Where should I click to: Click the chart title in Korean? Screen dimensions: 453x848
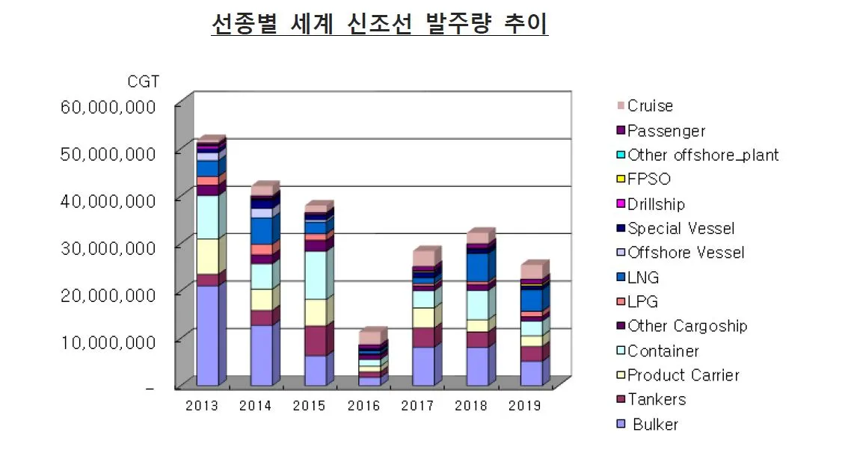click(x=380, y=24)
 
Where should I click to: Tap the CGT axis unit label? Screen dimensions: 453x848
click(x=142, y=81)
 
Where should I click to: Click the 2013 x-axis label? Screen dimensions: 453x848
click(x=202, y=406)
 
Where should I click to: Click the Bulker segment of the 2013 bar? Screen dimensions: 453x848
click(x=208, y=336)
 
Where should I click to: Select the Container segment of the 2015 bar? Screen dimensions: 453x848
click(x=316, y=275)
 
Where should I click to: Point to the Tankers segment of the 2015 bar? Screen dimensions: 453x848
click(x=316, y=341)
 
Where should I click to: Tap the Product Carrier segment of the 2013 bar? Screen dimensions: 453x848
click(x=208, y=256)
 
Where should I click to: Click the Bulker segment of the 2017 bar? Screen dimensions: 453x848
click(x=423, y=366)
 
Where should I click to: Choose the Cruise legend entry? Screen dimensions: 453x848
click(x=650, y=106)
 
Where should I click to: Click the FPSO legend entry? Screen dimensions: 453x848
click(x=648, y=179)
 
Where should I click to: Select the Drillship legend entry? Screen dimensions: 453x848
click(x=656, y=204)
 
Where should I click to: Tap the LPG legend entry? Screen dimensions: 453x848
click(x=643, y=302)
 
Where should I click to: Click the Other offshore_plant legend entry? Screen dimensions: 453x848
click(x=702, y=155)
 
